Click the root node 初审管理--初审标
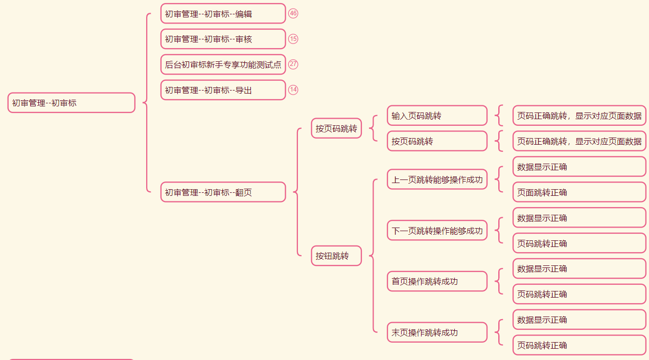[x=71, y=103]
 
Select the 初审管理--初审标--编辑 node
[x=223, y=14]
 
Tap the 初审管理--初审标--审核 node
[x=223, y=39]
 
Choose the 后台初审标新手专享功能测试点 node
[x=223, y=64]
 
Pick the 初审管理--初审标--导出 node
[x=223, y=90]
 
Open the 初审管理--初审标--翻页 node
[x=223, y=192]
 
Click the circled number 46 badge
[x=293, y=13]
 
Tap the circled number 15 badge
[x=293, y=39]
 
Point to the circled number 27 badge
[x=293, y=64]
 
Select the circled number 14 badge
[x=293, y=89]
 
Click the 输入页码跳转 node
[x=437, y=116]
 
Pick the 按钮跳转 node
[x=336, y=256]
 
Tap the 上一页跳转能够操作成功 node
[x=437, y=179]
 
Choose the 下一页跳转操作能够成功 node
[x=437, y=231]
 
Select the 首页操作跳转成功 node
[x=437, y=281]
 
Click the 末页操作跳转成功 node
[x=437, y=332]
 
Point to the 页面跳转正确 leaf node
[x=579, y=192]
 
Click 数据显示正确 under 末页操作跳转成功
[x=579, y=320]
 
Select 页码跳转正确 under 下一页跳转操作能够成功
[x=579, y=243]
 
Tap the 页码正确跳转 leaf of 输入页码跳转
[x=579, y=116]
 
